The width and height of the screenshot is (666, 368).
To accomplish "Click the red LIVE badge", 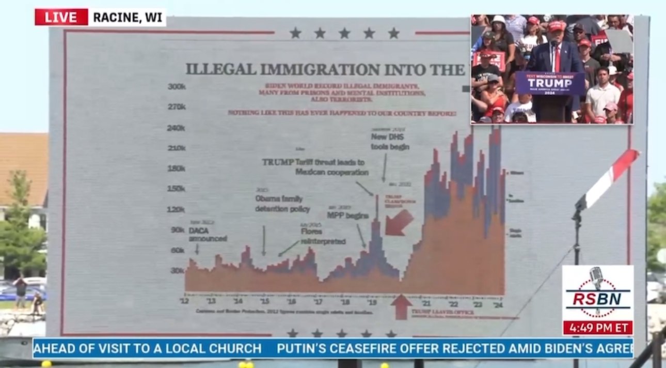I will pos(61,17).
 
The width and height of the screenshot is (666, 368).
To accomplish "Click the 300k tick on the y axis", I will pos(177,86).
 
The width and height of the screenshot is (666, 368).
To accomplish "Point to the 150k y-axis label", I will pos(177,188).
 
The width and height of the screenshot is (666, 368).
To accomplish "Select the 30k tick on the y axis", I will pos(178,270).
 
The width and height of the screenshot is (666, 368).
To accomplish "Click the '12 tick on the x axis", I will pos(184,301).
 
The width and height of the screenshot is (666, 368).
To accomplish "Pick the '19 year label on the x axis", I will pos(372,301).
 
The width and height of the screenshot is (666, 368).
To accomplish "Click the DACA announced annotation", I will pos(208,234).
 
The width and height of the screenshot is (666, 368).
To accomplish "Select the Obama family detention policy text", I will pos(282,204).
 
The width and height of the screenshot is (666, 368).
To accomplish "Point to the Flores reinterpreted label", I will pos(323,236).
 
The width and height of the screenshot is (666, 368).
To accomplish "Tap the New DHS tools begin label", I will pos(390,142).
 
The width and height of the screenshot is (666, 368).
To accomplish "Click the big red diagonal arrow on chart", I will pos(399,222).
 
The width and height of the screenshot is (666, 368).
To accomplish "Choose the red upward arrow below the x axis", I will pos(401,306).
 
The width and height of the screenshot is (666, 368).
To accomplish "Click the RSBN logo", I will pos(597,293).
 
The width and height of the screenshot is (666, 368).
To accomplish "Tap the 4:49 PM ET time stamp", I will pos(597,328).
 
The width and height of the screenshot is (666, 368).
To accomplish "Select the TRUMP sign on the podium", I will pos(549,83).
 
